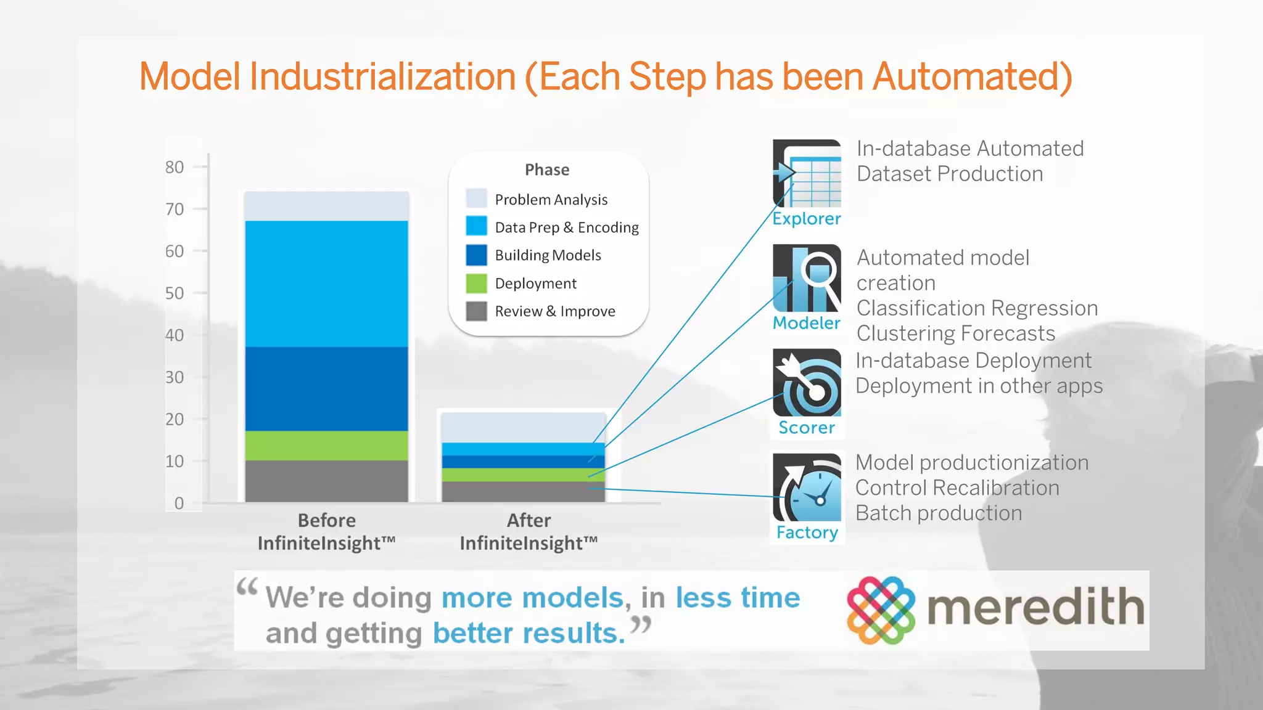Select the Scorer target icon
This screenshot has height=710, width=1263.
point(807,383)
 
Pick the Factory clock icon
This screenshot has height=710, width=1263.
point(807,488)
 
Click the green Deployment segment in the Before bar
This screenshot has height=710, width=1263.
point(326,445)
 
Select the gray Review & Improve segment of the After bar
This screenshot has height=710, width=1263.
point(523,491)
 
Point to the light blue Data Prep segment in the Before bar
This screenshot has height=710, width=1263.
point(326,284)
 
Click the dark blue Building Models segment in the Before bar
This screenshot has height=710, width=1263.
point(326,388)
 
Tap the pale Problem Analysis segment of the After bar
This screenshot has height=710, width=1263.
point(523,427)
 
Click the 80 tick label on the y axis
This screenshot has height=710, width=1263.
point(175,167)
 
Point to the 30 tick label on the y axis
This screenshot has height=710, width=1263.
point(175,377)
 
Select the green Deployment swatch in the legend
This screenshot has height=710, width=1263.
point(476,284)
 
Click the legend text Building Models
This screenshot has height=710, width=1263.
point(548,255)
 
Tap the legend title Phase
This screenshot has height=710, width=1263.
point(547,169)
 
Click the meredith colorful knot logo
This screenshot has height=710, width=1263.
point(881,610)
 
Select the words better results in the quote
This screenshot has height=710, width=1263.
point(529,633)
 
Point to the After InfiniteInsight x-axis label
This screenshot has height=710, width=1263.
point(529,532)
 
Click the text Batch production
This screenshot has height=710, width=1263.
point(939,513)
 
